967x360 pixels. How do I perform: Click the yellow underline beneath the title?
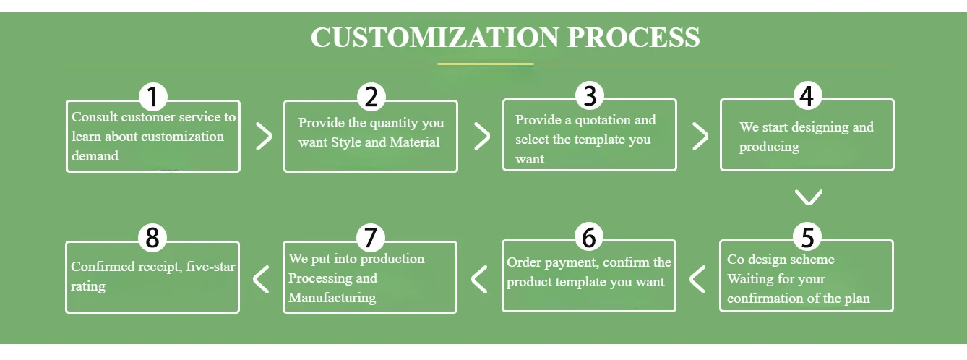pyautogui.click(x=485, y=64)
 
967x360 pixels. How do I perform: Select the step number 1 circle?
pyautogui.click(x=152, y=97)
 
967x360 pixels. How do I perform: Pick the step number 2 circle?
pyautogui.click(x=371, y=97)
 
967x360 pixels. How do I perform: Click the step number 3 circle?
pyautogui.click(x=590, y=96)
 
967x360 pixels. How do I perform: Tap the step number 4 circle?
pyautogui.click(x=807, y=96)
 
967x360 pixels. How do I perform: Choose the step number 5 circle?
pyautogui.click(x=807, y=237)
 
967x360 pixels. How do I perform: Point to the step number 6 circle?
pyautogui.click(x=589, y=237)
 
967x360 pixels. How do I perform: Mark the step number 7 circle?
pyautogui.click(x=371, y=237)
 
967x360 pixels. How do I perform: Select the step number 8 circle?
pyautogui.click(x=152, y=237)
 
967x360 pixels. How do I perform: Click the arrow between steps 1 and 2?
pyautogui.click(x=264, y=136)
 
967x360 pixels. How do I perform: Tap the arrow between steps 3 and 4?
pyautogui.click(x=700, y=136)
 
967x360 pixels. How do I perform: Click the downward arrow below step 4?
pyautogui.click(x=808, y=197)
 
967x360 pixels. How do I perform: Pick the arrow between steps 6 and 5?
pyautogui.click(x=697, y=278)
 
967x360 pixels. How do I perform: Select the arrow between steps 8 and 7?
pyautogui.click(x=261, y=278)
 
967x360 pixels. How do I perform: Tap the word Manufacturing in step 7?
pyautogui.click(x=332, y=297)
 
